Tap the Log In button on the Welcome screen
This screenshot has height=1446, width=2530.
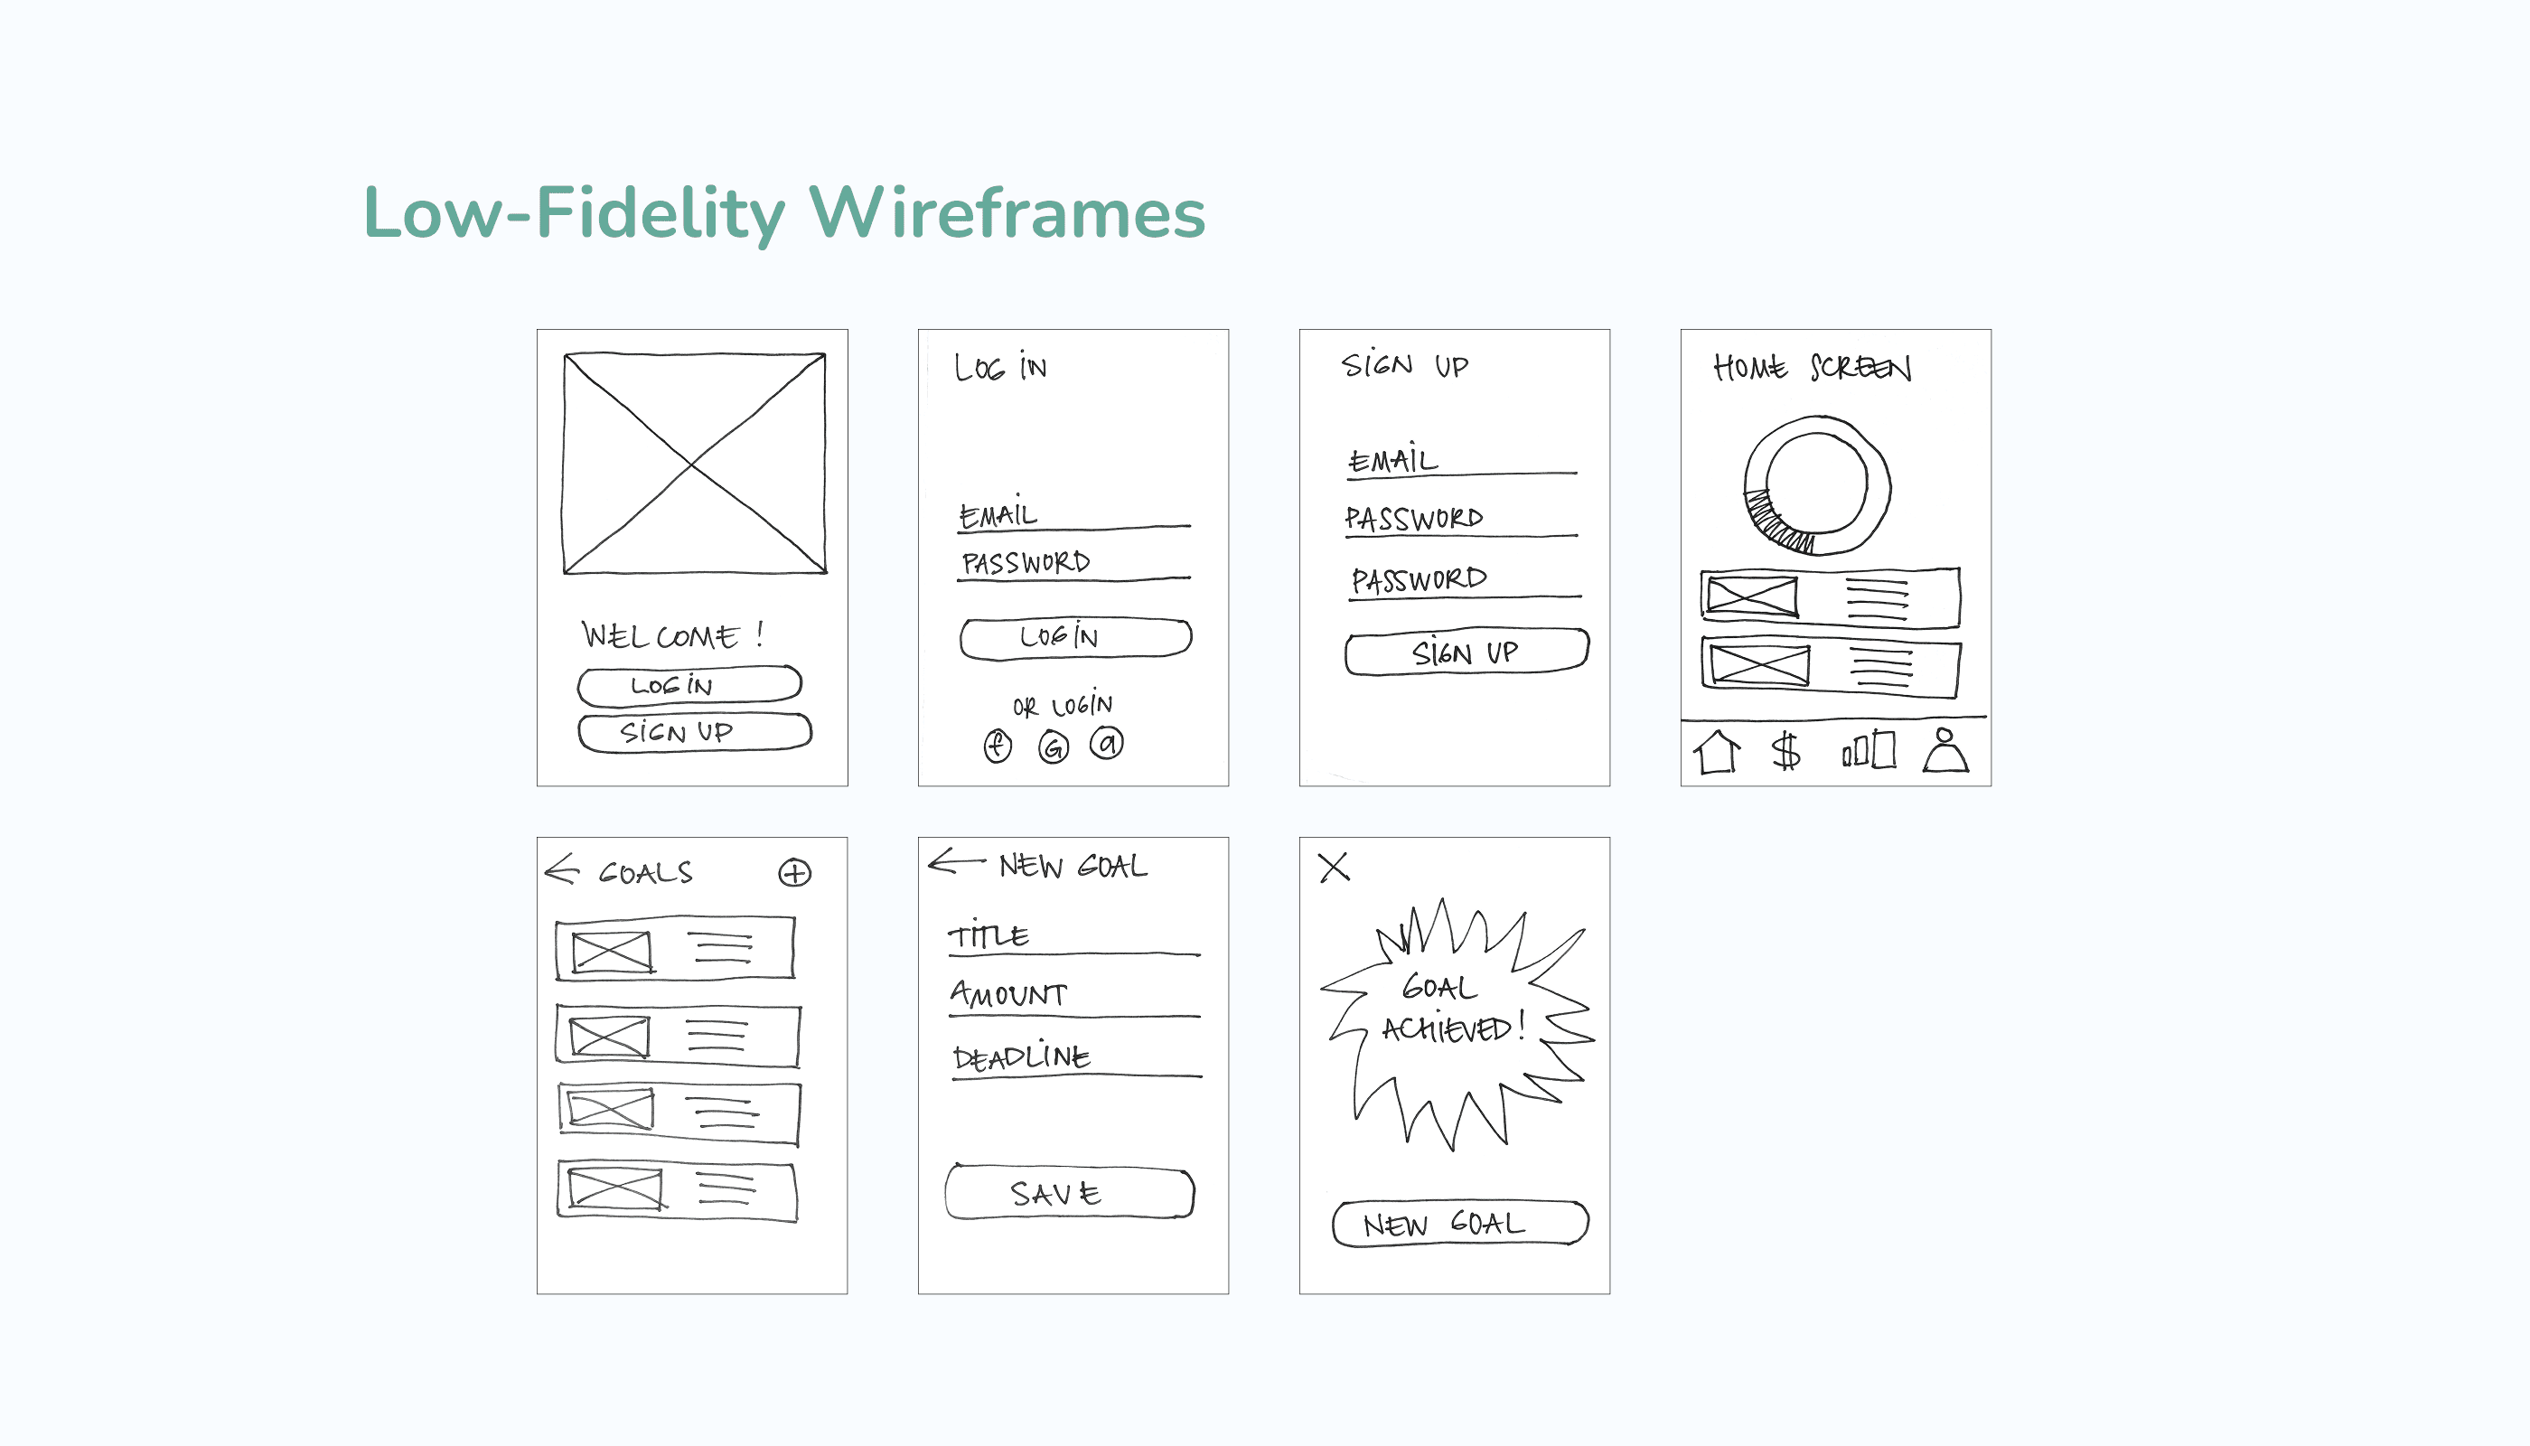tap(689, 684)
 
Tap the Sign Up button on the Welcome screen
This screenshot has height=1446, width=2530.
tap(694, 732)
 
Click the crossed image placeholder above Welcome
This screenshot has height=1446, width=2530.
tap(694, 464)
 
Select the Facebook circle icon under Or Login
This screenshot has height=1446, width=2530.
tap(997, 745)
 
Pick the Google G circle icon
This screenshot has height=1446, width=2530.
tap(1054, 746)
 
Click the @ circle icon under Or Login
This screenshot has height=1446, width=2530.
tap(1107, 743)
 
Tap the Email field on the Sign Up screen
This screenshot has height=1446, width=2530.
tap(1459, 461)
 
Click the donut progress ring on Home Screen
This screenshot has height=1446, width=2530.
tap(1817, 484)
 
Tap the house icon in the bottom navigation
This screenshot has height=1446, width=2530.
tap(1717, 752)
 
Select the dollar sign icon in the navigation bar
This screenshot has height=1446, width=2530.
tap(1785, 752)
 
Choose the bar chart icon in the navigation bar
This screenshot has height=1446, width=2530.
tap(1869, 751)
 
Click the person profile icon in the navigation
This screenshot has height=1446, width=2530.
tap(1945, 751)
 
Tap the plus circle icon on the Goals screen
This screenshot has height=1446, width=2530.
tap(794, 873)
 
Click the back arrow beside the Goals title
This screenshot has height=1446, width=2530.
tap(562, 869)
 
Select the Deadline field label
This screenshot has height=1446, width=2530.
tap(1021, 1056)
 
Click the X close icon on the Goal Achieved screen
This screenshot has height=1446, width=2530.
tap(1334, 867)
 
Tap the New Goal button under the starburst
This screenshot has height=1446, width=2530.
tap(1459, 1224)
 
